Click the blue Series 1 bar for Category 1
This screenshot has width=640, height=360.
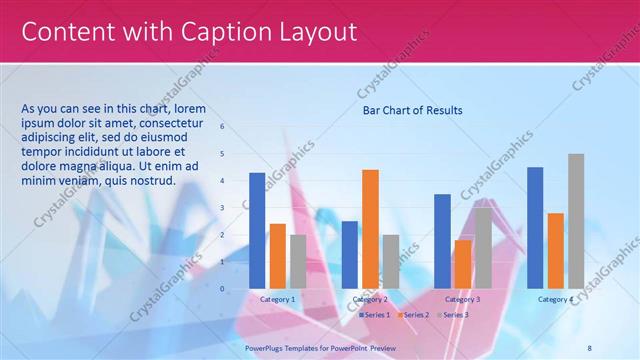tap(257, 230)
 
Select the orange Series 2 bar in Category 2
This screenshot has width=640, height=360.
tap(370, 228)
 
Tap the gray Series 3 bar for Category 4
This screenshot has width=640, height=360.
tap(576, 220)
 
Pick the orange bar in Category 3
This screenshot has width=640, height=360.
tap(462, 263)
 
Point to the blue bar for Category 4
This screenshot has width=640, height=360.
tap(535, 227)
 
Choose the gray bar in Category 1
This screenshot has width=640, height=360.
tap(298, 261)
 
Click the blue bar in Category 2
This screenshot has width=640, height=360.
tap(349, 254)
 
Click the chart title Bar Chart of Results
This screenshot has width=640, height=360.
tap(412, 110)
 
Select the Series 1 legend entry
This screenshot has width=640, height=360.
tap(374, 315)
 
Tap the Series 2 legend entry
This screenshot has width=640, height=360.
tap(414, 315)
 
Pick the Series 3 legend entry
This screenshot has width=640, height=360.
tap(453, 315)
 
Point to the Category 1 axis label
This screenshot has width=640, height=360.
tap(277, 299)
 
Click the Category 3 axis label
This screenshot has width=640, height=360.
tap(462, 299)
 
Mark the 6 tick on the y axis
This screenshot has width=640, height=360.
tap(222, 127)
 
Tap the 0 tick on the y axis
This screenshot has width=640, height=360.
tap(222, 288)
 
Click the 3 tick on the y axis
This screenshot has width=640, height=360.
tap(222, 208)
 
